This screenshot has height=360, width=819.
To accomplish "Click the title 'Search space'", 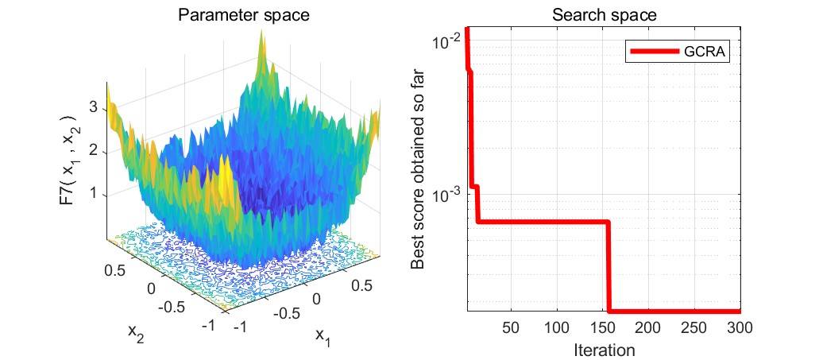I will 603,16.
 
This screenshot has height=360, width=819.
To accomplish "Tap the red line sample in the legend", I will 654,52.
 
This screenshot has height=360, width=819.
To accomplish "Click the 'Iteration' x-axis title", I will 603,349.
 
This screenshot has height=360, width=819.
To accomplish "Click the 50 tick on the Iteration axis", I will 512,327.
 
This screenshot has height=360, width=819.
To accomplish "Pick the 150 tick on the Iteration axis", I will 603,327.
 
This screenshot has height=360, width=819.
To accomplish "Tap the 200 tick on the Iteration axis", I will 648,327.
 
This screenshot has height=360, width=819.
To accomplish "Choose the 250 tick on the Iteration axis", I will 694,327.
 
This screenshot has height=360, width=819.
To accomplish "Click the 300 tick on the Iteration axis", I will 740,327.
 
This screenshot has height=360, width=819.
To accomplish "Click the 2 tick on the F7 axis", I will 94,149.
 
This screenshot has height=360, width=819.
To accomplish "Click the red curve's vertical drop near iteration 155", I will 608,266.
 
